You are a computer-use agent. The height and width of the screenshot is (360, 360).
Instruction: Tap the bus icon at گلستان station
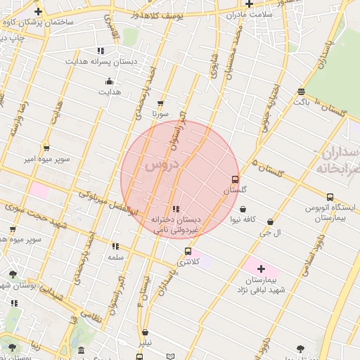235,179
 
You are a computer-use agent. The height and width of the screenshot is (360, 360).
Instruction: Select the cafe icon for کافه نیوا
243,209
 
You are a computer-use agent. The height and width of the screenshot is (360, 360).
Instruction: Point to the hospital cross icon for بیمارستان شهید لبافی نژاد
261,269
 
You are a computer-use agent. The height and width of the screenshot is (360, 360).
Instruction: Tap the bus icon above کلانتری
188,251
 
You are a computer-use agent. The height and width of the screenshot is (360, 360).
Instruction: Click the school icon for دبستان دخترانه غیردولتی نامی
176,209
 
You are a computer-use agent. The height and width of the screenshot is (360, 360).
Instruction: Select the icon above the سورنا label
161,103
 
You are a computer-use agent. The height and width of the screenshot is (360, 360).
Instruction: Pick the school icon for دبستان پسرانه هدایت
101,51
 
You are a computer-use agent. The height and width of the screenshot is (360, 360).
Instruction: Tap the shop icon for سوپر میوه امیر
46,148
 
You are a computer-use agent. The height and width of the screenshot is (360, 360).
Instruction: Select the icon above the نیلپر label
145,333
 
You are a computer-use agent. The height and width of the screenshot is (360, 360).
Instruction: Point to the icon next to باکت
302,91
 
